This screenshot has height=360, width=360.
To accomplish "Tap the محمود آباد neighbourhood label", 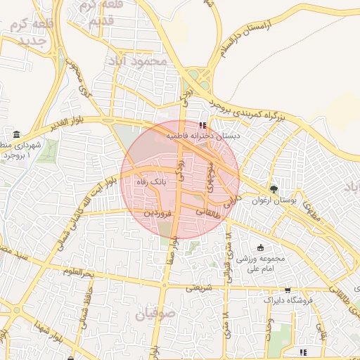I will pyautogui.click(x=138, y=61).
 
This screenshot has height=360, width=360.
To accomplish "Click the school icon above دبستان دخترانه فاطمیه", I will pyautogui.click(x=202, y=125).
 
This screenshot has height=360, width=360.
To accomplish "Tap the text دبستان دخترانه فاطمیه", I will pyautogui.click(x=203, y=134).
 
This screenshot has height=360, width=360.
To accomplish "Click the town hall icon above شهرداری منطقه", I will pyautogui.click(x=15, y=135).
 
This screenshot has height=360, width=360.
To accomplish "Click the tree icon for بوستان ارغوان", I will pyautogui.click(x=274, y=188).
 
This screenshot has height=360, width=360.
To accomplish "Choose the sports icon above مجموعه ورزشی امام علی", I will pyautogui.click(x=261, y=247).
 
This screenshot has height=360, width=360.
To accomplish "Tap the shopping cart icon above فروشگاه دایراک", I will pyautogui.click(x=288, y=290).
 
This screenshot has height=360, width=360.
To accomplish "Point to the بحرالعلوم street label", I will pyautogui.click(x=77, y=271).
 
